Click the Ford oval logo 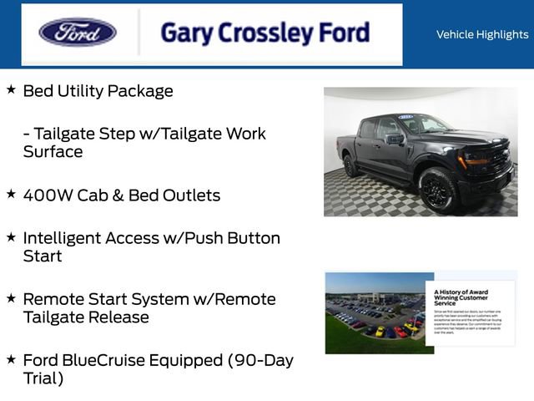[78, 33]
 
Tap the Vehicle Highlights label [482, 34]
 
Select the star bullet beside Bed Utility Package [11, 89]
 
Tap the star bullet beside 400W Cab [11, 193]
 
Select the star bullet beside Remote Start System [11, 297]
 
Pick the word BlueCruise [108, 360]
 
